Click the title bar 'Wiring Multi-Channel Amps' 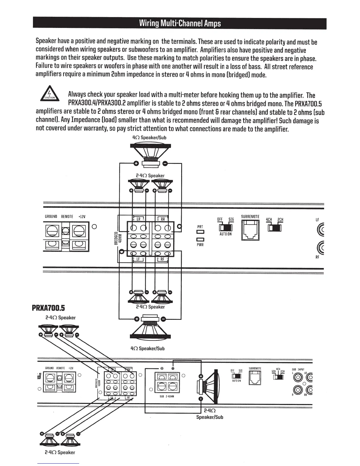click(x=180, y=24)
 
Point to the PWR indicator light click(x=200, y=239)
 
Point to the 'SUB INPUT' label click(x=298, y=369)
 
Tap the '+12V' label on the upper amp click(x=82, y=217)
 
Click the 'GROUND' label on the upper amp click(x=51, y=217)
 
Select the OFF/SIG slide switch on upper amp click(x=225, y=228)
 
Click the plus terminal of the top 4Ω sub click(x=136, y=164)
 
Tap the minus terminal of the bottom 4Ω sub click(x=164, y=319)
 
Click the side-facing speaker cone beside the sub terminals click(x=210, y=386)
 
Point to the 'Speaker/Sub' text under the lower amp click(x=210, y=417)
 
